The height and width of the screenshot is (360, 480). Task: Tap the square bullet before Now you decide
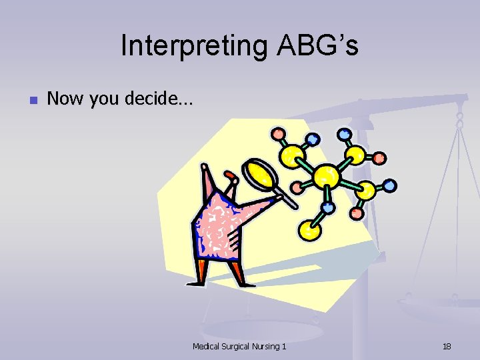coord(32,101)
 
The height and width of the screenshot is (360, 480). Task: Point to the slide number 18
coord(447,346)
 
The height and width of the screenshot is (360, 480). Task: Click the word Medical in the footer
coord(208,346)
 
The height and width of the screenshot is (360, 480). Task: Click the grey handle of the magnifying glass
coord(291,197)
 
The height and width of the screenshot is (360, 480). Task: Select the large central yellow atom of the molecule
coord(326,177)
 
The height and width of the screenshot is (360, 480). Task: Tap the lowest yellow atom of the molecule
coord(309,230)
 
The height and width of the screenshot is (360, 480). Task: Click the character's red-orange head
coord(231,177)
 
